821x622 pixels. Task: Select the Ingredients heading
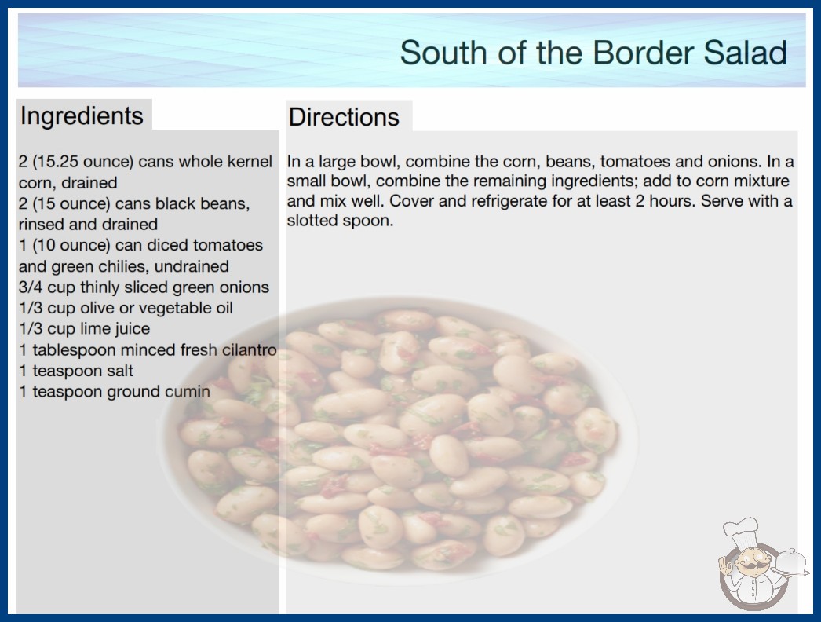82,116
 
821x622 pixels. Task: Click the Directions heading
344,117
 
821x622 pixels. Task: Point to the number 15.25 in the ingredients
55,162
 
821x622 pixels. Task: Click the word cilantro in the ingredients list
250,349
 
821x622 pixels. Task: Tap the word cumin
188,391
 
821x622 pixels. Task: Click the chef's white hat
741,530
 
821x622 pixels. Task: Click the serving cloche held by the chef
790,562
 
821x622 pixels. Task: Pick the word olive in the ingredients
97,308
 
